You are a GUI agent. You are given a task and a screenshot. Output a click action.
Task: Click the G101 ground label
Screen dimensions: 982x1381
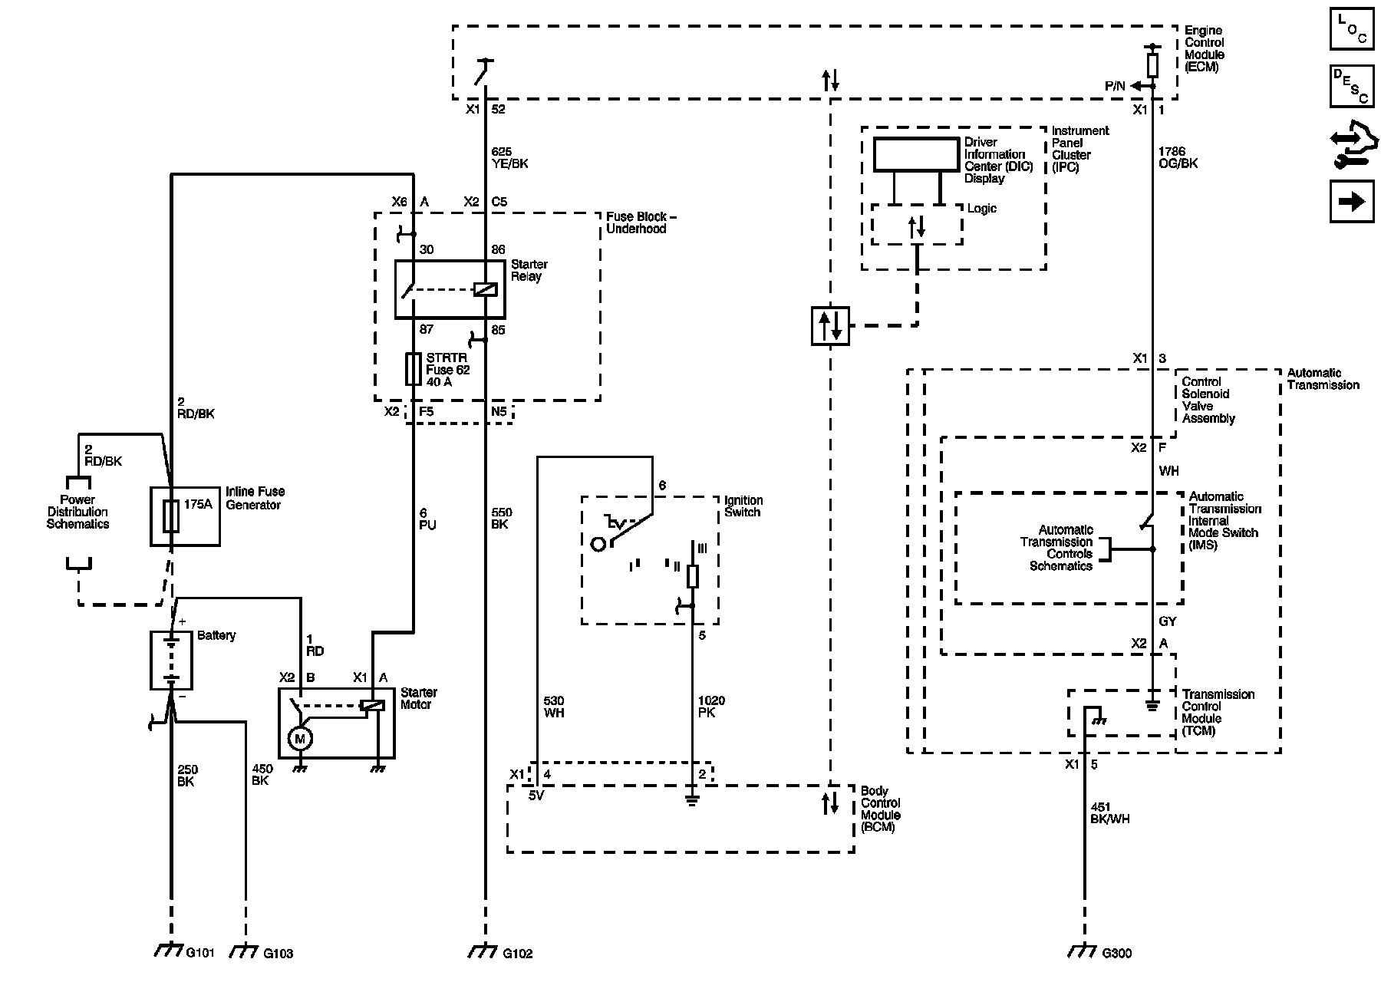pyautogui.click(x=200, y=953)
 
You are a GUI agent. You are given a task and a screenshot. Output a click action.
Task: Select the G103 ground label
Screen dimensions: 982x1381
pyautogui.click(x=278, y=954)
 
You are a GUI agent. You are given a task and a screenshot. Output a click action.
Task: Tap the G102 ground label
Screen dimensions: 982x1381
pyautogui.click(x=517, y=954)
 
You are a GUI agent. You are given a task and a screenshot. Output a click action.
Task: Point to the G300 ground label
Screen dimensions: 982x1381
pyautogui.click(x=1116, y=954)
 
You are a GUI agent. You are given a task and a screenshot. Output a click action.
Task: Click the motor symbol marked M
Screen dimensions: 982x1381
pyautogui.click(x=299, y=738)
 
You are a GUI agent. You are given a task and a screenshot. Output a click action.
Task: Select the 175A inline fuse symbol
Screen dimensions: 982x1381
pyautogui.click(x=171, y=516)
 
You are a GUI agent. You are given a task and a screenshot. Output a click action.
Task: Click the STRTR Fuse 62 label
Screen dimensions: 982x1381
pyautogui.click(x=448, y=369)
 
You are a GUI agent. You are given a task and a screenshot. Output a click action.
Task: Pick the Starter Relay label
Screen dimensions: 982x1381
pyautogui.click(x=529, y=270)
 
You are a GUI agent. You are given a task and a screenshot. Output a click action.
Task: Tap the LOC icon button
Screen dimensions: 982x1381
pyautogui.click(x=1351, y=28)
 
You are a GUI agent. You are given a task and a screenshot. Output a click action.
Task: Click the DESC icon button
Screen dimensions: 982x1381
pyautogui.click(x=1351, y=87)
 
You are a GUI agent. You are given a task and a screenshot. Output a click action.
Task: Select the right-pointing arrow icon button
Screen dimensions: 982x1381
pyautogui.click(x=1351, y=202)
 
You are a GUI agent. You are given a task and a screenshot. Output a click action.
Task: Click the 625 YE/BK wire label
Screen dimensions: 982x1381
pyautogui.click(x=509, y=158)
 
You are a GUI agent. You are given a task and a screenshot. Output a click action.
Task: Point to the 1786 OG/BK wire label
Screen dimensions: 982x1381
pyautogui.click(x=1178, y=157)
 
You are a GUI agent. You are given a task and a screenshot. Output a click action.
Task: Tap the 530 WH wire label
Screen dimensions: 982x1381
pyautogui.click(x=553, y=707)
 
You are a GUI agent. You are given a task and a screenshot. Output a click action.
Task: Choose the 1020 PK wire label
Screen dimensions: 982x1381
pyautogui.click(x=711, y=707)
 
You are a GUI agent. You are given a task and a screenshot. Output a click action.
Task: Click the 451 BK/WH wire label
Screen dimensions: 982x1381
pyautogui.click(x=1109, y=812)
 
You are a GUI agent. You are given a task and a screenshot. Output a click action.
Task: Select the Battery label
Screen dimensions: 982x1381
pyautogui.click(x=216, y=635)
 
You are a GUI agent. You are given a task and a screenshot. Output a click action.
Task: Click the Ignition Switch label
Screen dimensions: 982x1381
pyautogui.click(x=743, y=506)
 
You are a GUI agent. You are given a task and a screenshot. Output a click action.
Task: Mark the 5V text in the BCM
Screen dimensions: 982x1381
pyautogui.click(x=536, y=796)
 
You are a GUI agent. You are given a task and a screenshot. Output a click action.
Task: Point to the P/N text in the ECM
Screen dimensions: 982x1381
pyautogui.click(x=1115, y=87)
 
